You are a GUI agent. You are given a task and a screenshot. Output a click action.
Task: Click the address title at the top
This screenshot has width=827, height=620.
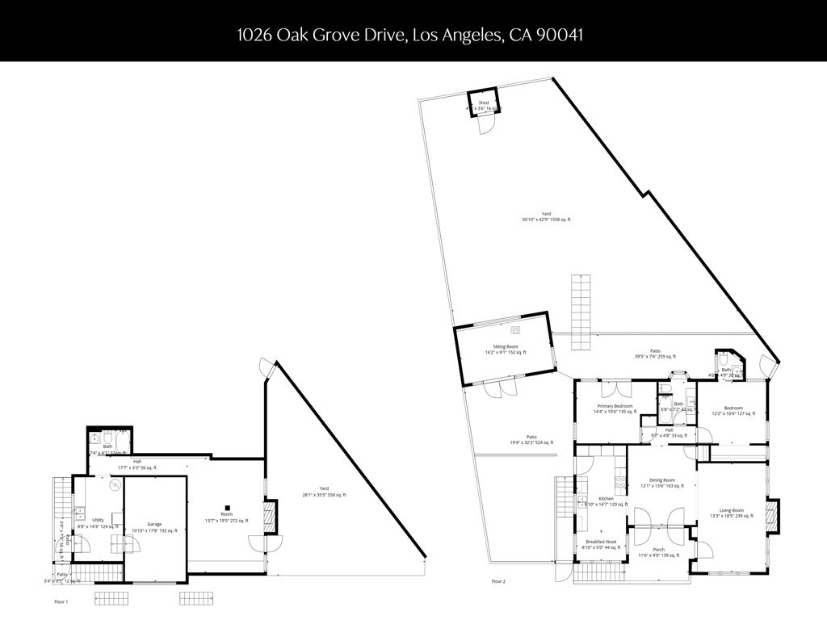(410, 35)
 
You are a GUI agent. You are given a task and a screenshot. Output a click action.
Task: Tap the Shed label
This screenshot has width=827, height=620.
(484, 103)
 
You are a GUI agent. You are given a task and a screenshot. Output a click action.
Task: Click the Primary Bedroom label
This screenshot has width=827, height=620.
(615, 406)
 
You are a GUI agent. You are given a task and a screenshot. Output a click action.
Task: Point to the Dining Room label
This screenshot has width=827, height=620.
(662, 480)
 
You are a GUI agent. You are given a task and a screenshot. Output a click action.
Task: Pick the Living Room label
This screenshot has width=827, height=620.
(732, 510)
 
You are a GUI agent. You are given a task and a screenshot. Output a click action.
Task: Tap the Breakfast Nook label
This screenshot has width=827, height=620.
(600, 542)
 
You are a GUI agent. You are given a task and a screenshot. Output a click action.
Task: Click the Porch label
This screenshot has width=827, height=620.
(659, 550)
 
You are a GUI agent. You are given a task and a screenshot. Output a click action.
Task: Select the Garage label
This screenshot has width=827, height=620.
(154, 524)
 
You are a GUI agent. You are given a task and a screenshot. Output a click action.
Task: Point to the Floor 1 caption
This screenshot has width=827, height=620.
(61, 602)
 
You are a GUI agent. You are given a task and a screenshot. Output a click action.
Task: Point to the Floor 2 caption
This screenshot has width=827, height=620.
(498, 580)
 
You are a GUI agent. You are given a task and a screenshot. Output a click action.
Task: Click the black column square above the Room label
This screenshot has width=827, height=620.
(228, 508)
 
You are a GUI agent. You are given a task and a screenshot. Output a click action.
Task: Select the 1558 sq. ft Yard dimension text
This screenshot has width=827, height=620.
(547, 220)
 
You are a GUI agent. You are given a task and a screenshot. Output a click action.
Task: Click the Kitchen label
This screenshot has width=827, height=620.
(607, 499)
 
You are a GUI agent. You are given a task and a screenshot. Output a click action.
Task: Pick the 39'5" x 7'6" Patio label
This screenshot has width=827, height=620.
(656, 350)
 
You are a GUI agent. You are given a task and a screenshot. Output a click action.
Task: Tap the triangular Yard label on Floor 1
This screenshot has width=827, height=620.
(323, 488)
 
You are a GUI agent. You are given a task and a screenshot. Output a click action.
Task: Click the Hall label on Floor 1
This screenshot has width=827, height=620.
(137, 462)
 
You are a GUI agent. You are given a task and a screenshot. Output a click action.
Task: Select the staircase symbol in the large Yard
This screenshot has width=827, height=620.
(581, 311)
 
